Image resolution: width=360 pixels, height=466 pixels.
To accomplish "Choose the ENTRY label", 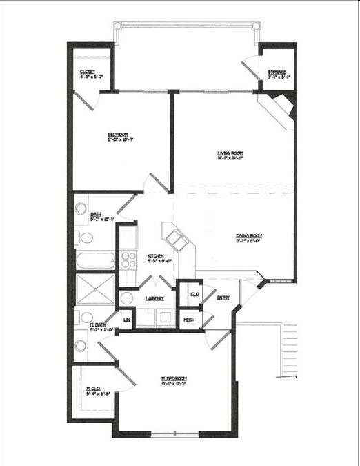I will tap(223, 298).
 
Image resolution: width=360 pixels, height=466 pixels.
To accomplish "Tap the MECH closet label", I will tap(188, 320).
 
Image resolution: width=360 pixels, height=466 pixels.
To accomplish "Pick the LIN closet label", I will tap(126, 320).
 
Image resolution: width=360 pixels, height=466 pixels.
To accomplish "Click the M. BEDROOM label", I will tap(174, 378).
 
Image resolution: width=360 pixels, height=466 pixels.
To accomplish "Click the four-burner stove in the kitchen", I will tap(128, 259).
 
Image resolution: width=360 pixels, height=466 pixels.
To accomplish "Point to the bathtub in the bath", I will tap(96, 262).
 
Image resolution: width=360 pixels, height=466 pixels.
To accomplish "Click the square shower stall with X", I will tap(95, 289).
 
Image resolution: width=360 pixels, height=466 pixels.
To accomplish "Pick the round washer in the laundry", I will tap(127, 298).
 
